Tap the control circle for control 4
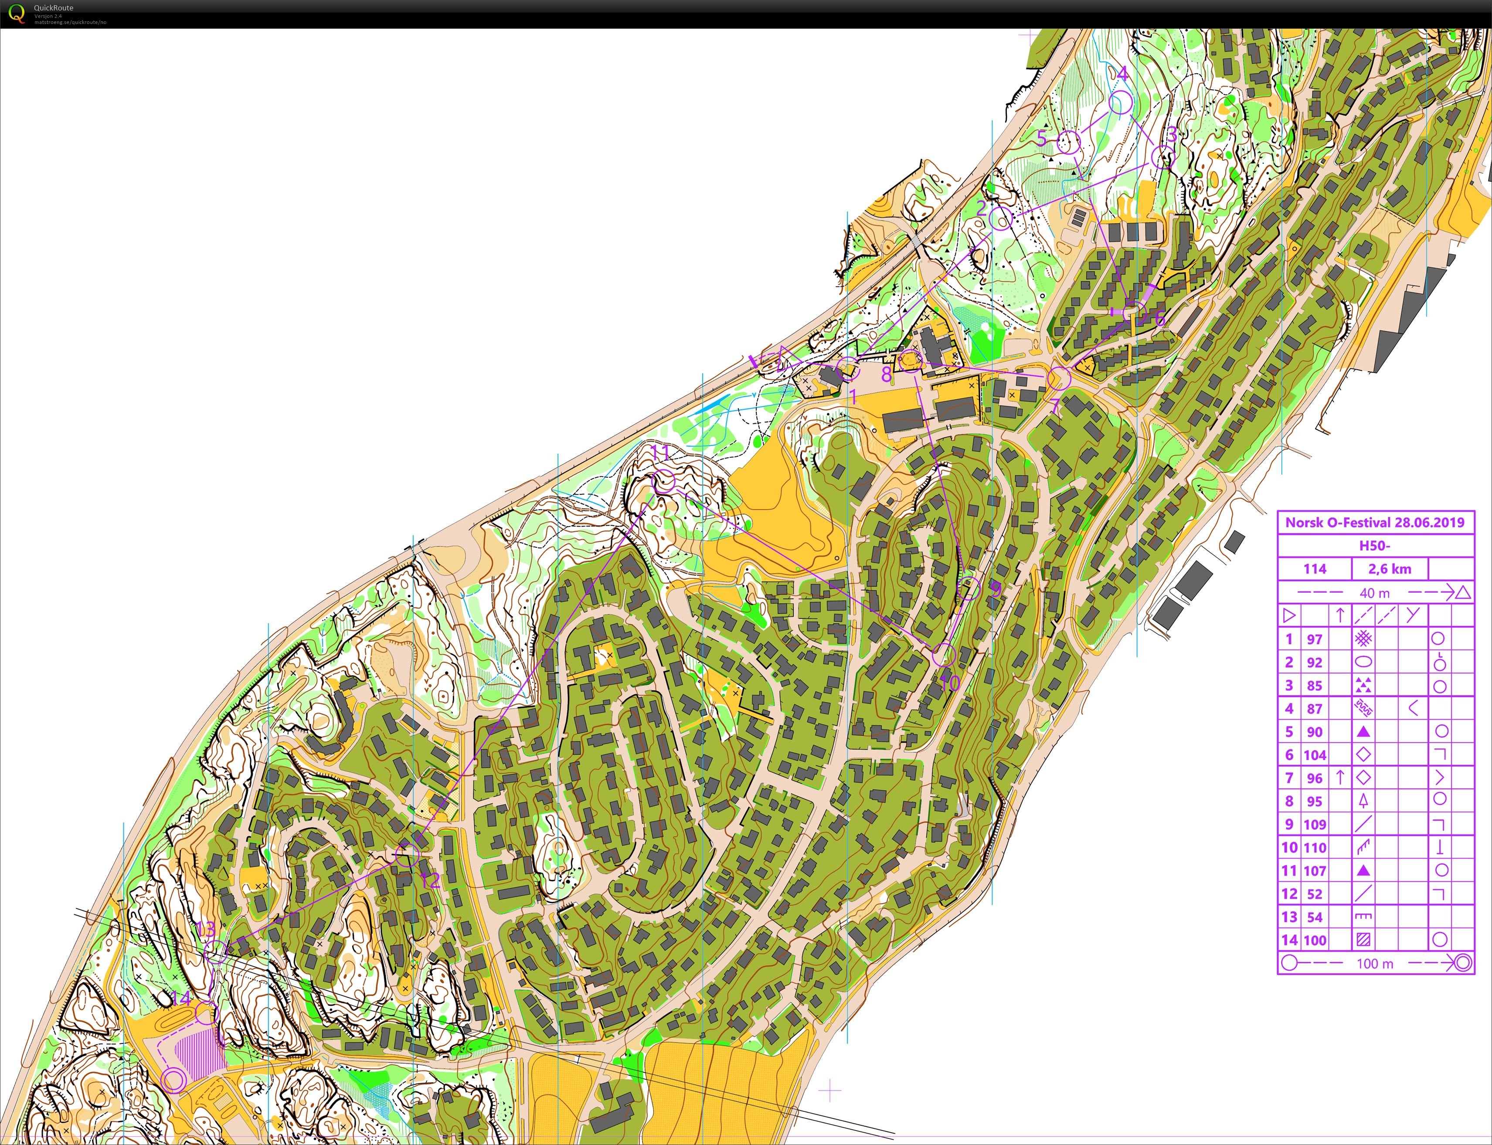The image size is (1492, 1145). click(1121, 103)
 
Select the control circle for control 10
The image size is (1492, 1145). click(944, 655)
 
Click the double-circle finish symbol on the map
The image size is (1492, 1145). click(174, 1080)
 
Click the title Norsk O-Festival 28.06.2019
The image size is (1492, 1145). click(1375, 523)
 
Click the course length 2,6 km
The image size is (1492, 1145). click(1389, 569)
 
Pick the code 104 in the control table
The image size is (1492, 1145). click(1315, 755)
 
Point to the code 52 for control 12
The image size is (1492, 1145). click(1315, 894)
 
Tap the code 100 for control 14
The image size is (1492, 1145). click(1315, 941)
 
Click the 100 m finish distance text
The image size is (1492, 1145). click(1375, 964)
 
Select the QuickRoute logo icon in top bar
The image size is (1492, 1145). click(17, 13)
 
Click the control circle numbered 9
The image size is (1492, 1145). click(969, 588)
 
